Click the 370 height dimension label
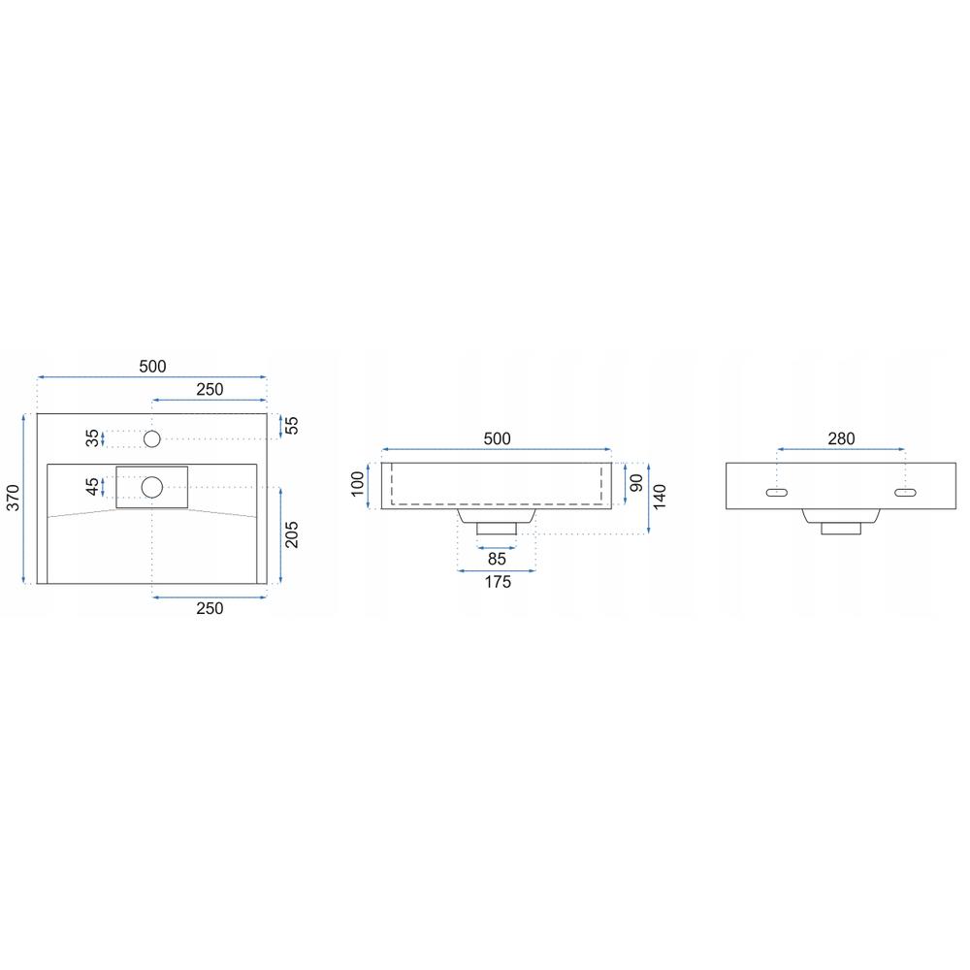coord(13,498)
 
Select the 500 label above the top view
coord(152,367)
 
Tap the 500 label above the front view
coord(497,438)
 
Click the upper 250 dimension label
coord(210,389)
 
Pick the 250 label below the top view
coord(210,608)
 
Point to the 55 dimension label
coord(291,425)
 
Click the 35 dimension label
coord(92,438)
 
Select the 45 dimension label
coord(92,486)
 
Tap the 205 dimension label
coord(291,534)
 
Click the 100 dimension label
coord(358,484)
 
